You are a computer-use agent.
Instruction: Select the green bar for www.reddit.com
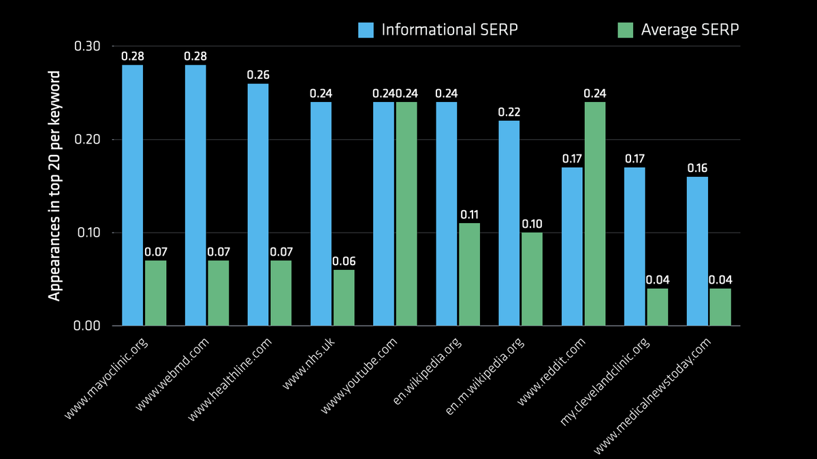click(594, 214)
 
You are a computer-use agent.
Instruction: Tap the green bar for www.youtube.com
click(406, 214)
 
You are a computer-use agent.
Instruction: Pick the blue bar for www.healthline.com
click(258, 205)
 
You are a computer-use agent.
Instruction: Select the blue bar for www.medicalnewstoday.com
click(697, 251)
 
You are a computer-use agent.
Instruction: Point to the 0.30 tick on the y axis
click(88, 46)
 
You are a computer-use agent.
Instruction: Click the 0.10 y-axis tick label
click(88, 233)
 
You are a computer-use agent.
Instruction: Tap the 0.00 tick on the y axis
click(88, 326)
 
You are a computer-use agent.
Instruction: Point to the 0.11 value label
click(469, 214)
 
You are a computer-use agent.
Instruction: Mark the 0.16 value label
click(697, 168)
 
